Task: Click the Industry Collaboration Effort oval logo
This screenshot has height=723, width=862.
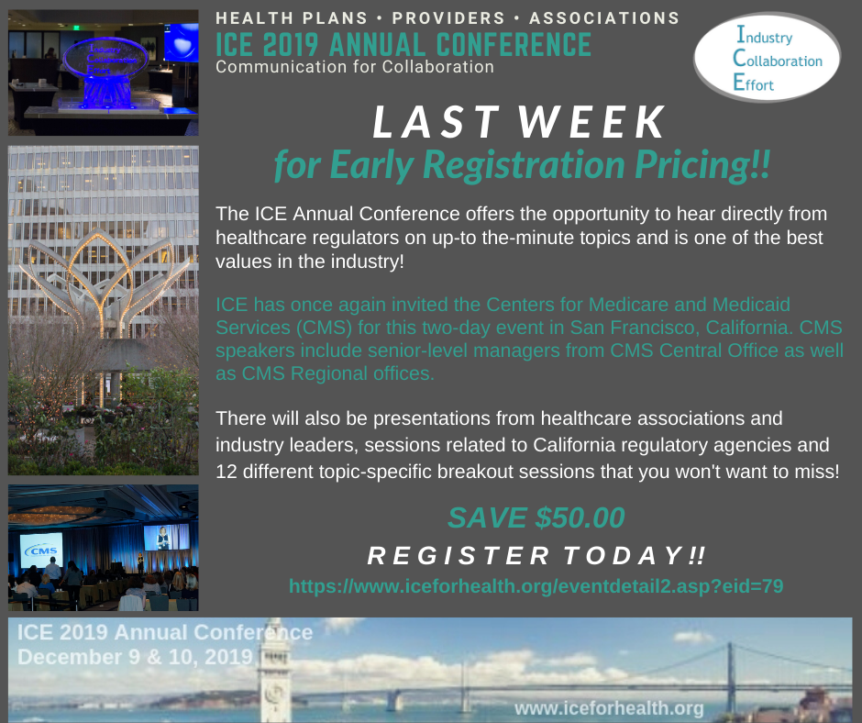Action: (767, 57)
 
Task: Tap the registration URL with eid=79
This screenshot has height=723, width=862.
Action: (536, 586)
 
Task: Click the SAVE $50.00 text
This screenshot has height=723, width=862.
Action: (536, 517)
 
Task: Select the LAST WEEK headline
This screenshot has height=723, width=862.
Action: (519, 122)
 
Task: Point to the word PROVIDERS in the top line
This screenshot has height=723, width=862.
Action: (448, 18)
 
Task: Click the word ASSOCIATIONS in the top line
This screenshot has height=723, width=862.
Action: (604, 18)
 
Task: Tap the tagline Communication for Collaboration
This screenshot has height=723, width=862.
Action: (355, 67)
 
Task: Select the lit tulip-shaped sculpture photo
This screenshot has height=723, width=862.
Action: (104, 310)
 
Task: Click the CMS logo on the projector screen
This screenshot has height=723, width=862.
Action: (41, 551)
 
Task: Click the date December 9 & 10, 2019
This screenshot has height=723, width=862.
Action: (135, 657)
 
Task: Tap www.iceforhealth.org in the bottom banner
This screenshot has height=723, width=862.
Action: (609, 708)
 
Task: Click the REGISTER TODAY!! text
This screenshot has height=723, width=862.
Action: (536, 556)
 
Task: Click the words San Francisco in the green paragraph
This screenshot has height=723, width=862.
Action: (635, 328)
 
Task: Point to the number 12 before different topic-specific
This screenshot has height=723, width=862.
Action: (226, 472)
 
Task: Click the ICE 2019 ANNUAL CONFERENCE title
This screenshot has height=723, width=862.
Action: (403, 45)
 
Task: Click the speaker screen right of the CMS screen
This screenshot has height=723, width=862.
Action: (166, 537)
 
